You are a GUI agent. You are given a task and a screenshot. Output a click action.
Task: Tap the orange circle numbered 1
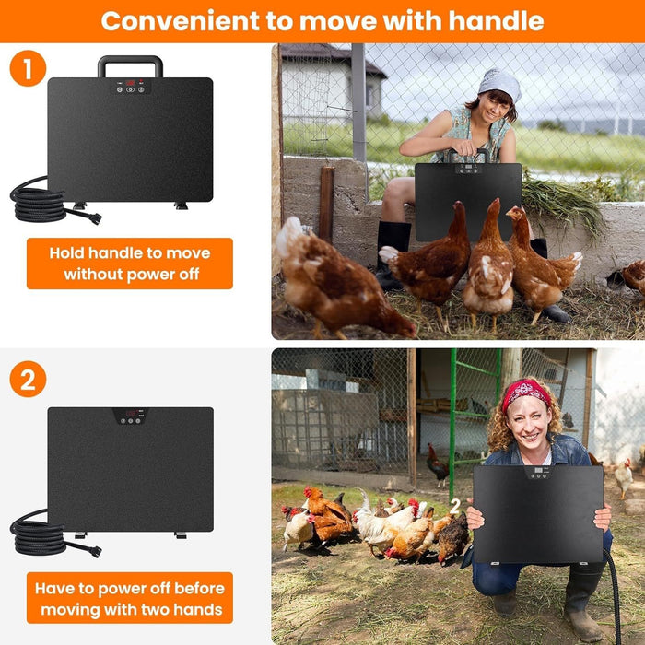(x=28, y=67)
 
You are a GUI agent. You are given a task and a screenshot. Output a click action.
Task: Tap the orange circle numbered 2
(x=28, y=380)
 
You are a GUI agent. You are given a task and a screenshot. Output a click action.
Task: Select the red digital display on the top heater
(x=131, y=84)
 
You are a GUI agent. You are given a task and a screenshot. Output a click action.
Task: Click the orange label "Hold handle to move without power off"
(x=129, y=264)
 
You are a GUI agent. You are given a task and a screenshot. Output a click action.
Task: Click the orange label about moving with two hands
(x=129, y=598)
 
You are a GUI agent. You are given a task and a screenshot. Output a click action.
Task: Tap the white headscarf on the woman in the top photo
(x=500, y=84)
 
